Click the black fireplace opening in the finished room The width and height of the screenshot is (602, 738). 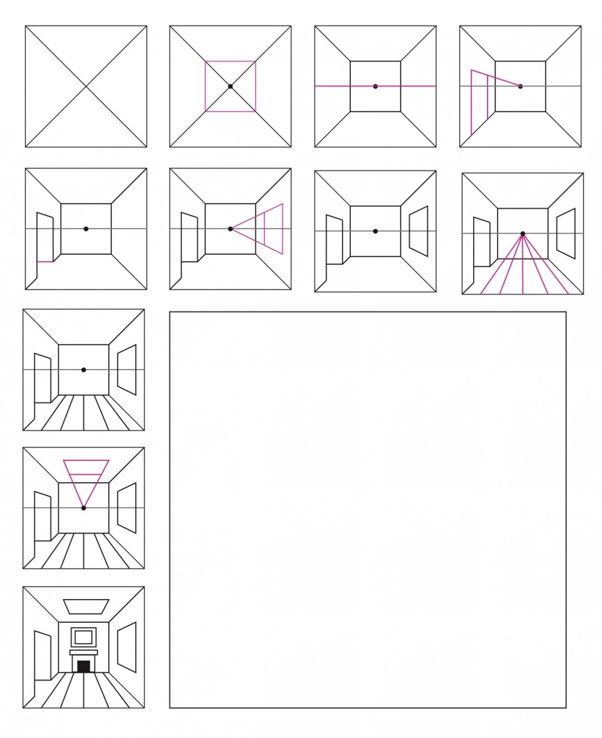(x=84, y=666)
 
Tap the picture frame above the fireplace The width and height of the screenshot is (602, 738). (x=84, y=637)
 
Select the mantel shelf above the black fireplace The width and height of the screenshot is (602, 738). (x=84, y=652)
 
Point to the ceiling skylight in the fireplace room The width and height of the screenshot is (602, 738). (x=86, y=606)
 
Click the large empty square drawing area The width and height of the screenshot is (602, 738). (x=368, y=509)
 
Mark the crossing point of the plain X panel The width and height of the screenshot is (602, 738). (x=86, y=86)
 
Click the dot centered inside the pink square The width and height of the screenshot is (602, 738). (x=230, y=86)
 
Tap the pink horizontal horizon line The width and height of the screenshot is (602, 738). (x=331, y=86)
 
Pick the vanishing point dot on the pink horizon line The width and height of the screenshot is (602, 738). (x=375, y=86)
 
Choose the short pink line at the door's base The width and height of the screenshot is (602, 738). (x=45, y=261)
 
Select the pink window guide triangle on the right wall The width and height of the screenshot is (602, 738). (x=273, y=229)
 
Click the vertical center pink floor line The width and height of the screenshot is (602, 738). (x=523, y=271)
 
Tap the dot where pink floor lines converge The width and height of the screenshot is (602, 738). (x=523, y=234)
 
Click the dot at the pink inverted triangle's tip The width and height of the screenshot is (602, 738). (x=83, y=508)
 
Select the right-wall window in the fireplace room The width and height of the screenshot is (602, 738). (x=127, y=647)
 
